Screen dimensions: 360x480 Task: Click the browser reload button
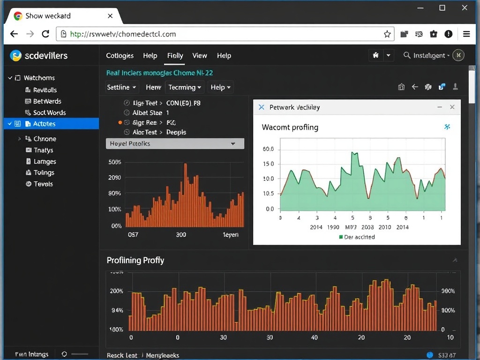coord(45,34)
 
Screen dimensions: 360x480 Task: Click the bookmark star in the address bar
coord(387,34)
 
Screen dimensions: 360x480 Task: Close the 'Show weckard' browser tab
coord(110,16)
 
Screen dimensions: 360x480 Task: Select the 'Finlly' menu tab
coord(175,55)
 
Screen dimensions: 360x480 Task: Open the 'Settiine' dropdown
coord(122,87)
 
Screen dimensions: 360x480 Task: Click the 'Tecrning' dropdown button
coord(185,87)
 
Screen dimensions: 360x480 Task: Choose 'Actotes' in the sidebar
coord(45,124)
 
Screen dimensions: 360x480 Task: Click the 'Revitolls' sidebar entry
coord(45,90)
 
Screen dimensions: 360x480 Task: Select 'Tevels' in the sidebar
coord(43,184)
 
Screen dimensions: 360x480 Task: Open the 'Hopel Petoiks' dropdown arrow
coord(233,144)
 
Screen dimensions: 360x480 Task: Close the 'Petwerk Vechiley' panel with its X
coord(452,107)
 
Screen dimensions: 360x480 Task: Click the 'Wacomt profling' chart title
coord(290,127)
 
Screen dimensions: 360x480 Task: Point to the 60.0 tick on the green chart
coord(269,150)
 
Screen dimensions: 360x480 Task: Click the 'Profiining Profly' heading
coord(135,260)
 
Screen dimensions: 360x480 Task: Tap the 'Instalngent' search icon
coord(407,55)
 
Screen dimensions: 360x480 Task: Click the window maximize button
coord(442,7)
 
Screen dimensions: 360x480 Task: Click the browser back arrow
coord(14,34)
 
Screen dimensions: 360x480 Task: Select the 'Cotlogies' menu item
coord(120,55)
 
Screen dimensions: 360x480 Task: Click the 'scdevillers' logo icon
coord(16,55)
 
